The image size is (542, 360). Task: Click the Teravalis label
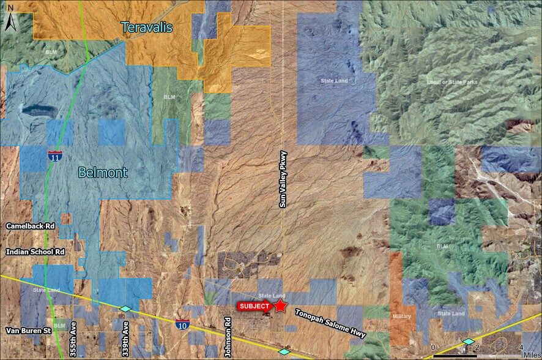pos(147,28)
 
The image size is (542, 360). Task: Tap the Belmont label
pos(103,173)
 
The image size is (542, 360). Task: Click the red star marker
pos(281,306)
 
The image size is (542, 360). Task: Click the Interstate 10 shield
pos(181,324)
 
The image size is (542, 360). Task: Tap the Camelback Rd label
pos(31,226)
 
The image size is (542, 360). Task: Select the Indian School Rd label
pos(35,252)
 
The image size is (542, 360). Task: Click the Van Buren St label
pos(28,331)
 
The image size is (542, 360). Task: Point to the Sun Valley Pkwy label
pos(283,179)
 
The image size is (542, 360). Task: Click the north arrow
pos(10,22)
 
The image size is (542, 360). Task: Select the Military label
pos(401,317)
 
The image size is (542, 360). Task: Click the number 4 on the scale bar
pos(520,348)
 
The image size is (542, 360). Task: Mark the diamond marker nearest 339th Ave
pos(125,309)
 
